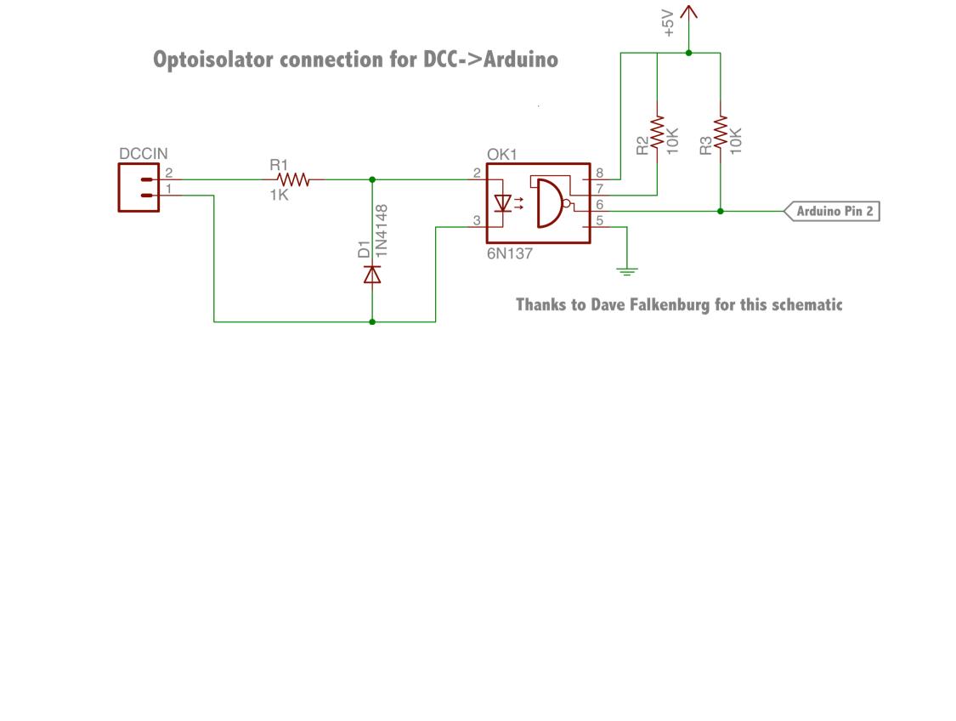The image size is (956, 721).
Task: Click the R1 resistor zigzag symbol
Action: click(x=295, y=179)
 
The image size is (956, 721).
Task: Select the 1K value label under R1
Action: click(x=280, y=196)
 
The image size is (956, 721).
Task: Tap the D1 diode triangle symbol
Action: click(x=372, y=274)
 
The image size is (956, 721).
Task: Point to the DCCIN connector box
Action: click(x=139, y=187)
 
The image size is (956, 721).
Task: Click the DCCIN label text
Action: click(x=144, y=154)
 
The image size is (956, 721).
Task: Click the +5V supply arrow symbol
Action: click(x=688, y=15)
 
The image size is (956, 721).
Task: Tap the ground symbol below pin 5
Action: click(x=627, y=271)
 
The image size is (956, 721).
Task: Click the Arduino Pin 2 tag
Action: click(x=833, y=211)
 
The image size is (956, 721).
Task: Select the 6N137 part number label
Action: click(x=510, y=253)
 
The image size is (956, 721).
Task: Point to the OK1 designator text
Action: click(x=501, y=155)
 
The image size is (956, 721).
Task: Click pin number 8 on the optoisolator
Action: click(x=599, y=173)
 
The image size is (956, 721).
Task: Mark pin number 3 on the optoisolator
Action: click(x=478, y=220)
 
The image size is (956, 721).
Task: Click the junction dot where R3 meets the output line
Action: click(x=721, y=211)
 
